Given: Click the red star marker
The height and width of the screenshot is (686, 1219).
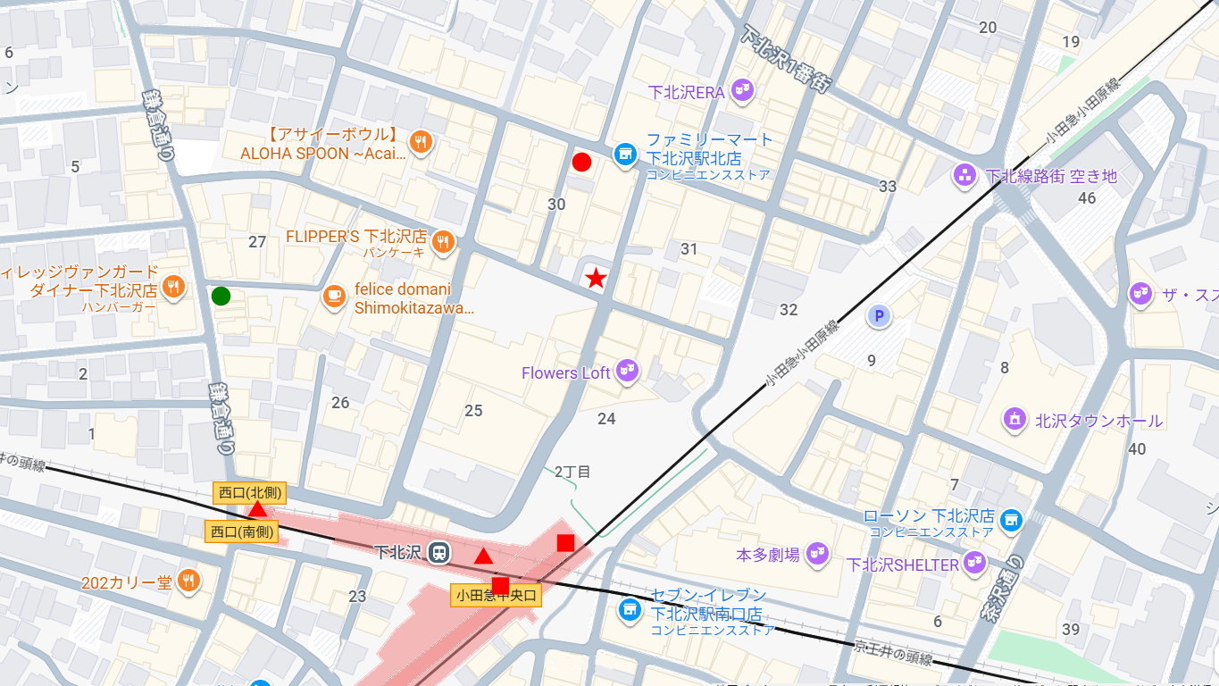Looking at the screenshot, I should pyautogui.click(x=596, y=278).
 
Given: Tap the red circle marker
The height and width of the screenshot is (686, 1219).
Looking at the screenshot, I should pyautogui.click(x=581, y=162).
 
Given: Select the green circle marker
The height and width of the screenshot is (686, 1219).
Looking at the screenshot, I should pyautogui.click(x=221, y=296).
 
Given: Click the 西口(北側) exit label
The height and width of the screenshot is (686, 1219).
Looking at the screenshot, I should pyautogui.click(x=249, y=493).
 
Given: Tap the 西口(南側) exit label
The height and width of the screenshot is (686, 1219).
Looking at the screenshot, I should pyautogui.click(x=242, y=531).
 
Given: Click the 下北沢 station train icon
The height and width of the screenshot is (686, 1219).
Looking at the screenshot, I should pyautogui.click(x=438, y=553).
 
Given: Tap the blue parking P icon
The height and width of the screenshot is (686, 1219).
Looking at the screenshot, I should pyautogui.click(x=879, y=316).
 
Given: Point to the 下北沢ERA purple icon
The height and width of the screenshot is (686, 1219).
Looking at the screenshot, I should pyautogui.click(x=741, y=90).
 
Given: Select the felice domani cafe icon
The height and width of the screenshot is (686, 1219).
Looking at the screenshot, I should pyautogui.click(x=334, y=297).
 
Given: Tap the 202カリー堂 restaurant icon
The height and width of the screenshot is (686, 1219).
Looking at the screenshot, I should pyautogui.click(x=188, y=581).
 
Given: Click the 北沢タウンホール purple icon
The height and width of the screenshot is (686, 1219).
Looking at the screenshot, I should pyautogui.click(x=1014, y=419).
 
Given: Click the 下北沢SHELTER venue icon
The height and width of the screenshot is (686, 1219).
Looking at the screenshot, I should pyautogui.click(x=975, y=563).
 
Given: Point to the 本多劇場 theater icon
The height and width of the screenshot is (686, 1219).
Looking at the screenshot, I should pyautogui.click(x=817, y=554).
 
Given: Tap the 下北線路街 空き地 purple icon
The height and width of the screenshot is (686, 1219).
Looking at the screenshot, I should pyautogui.click(x=964, y=175).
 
